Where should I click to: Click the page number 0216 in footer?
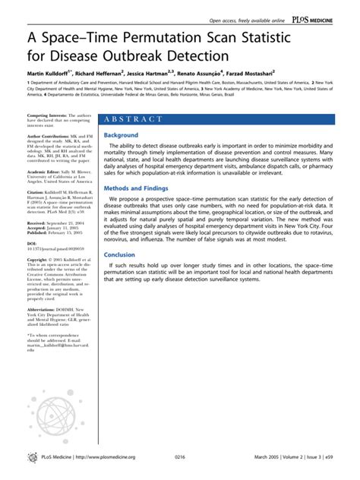(180, 457)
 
